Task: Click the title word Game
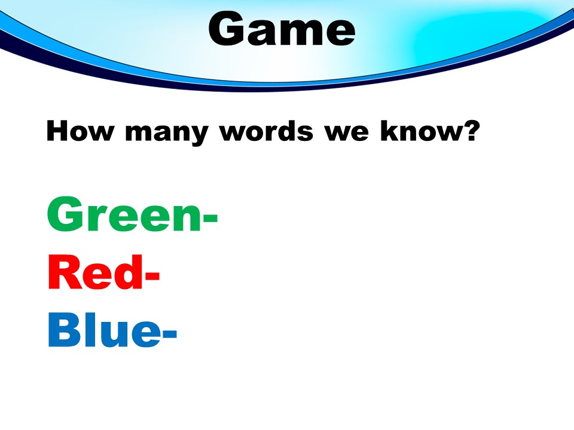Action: click(x=282, y=28)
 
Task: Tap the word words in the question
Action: click(x=266, y=131)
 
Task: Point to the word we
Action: click(x=346, y=133)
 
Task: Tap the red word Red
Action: click(x=95, y=272)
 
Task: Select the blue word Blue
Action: click(x=104, y=330)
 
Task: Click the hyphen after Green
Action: click(x=210, y=219)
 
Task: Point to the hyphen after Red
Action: click(x=152, y=277)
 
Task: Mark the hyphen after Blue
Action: click(x=169, y=334)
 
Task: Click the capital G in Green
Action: click(x=65, y=214)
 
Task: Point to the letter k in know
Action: click(x=390, y=131)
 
